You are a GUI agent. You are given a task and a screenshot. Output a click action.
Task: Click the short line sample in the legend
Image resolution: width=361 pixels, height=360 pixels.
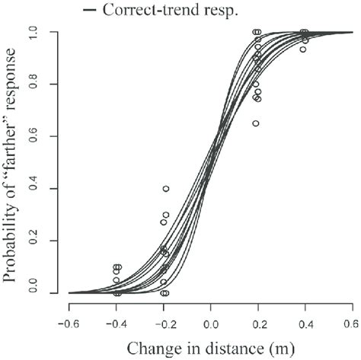[90, 11]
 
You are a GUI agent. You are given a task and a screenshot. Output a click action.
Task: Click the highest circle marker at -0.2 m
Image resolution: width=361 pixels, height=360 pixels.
[165, 189]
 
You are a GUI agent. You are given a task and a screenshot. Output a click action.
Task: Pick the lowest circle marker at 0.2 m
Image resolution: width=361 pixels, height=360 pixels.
[255, 123]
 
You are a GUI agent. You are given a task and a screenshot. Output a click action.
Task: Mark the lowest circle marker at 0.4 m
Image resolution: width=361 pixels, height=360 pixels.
[302, 49]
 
